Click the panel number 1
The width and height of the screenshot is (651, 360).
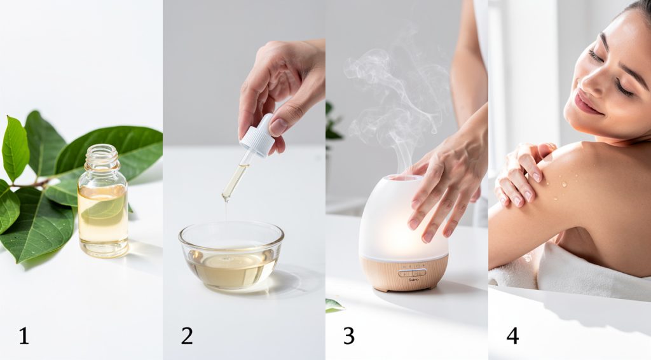tap(24, 335)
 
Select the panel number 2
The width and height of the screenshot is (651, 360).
tap(186, 335)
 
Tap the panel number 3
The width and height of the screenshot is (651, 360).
tap(348, 335)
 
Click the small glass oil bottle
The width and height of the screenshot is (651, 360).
tap(102, 210)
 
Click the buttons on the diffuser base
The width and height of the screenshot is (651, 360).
tap(413, 272)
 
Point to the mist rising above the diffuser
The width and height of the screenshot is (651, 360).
tap(394, 95)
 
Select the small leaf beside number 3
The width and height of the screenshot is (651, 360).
tap(334, 305)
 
